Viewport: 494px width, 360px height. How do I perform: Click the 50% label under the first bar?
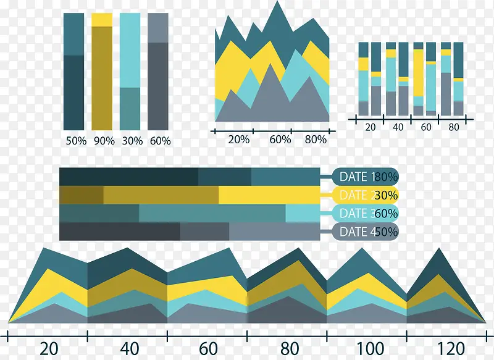(76, 141)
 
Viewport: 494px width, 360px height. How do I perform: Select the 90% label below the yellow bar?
(104, 141)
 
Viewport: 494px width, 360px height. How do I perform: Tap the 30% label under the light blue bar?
(132, 141)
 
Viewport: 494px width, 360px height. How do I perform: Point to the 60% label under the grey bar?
(160, 141)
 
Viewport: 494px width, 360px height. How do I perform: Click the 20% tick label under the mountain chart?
(239, 140)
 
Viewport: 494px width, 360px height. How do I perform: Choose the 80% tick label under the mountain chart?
(316, 140)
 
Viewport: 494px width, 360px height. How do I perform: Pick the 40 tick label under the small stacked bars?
(398, 127)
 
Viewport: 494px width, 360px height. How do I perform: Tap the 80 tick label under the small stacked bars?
(454, 127)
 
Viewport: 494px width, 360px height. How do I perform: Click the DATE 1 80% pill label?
(366, 177)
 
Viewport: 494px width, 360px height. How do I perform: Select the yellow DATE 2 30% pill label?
(366, 195)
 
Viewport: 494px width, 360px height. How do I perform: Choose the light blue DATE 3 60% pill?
(366, 214)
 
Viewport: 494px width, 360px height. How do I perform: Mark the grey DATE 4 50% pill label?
(366, 232)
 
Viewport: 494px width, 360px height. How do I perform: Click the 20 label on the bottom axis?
(48, 349)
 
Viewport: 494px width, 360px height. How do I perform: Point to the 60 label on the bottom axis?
(209, 349)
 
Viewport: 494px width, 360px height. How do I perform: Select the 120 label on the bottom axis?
(448, 349)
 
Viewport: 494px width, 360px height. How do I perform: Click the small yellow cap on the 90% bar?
(102, 19)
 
